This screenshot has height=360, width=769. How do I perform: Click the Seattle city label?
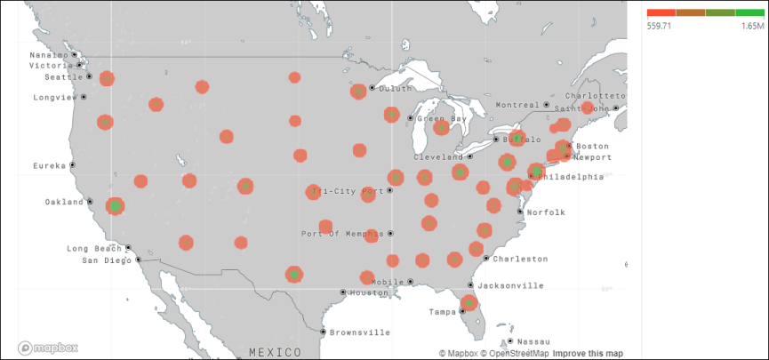pyautogui.click(x=62, y=76)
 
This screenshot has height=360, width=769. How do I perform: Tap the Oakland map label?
pyautogui.click(x=64, y=202)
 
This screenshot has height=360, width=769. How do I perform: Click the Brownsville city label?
pyautogui.click(x=359, y=332)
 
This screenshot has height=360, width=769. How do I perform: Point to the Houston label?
pyautogui.click(x=369, y=292)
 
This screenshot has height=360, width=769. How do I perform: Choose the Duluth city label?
pyautogui.click(x=395, y=88)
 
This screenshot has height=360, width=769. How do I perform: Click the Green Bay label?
pyautogui.click(x=442, y=118)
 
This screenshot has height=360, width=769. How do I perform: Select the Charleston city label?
pyautogui.click(x=520, y=259)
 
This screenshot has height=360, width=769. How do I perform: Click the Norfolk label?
pyautogui.click(x=546, y=212)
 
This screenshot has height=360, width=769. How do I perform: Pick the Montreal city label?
pyautogui.click(x=517, y=105)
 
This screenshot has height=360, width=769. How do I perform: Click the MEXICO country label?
pyautogui.click(x=276, y=352)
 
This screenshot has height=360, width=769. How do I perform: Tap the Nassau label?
pyautogui.click(x=533, y=341)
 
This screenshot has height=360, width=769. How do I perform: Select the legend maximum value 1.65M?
pyautogui.click(x=752, y=27)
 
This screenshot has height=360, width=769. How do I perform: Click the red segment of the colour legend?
pyautogui.click(x=661, y=12)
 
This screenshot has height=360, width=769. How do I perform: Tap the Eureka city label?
pyautogui.click(x=49, y=165)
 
